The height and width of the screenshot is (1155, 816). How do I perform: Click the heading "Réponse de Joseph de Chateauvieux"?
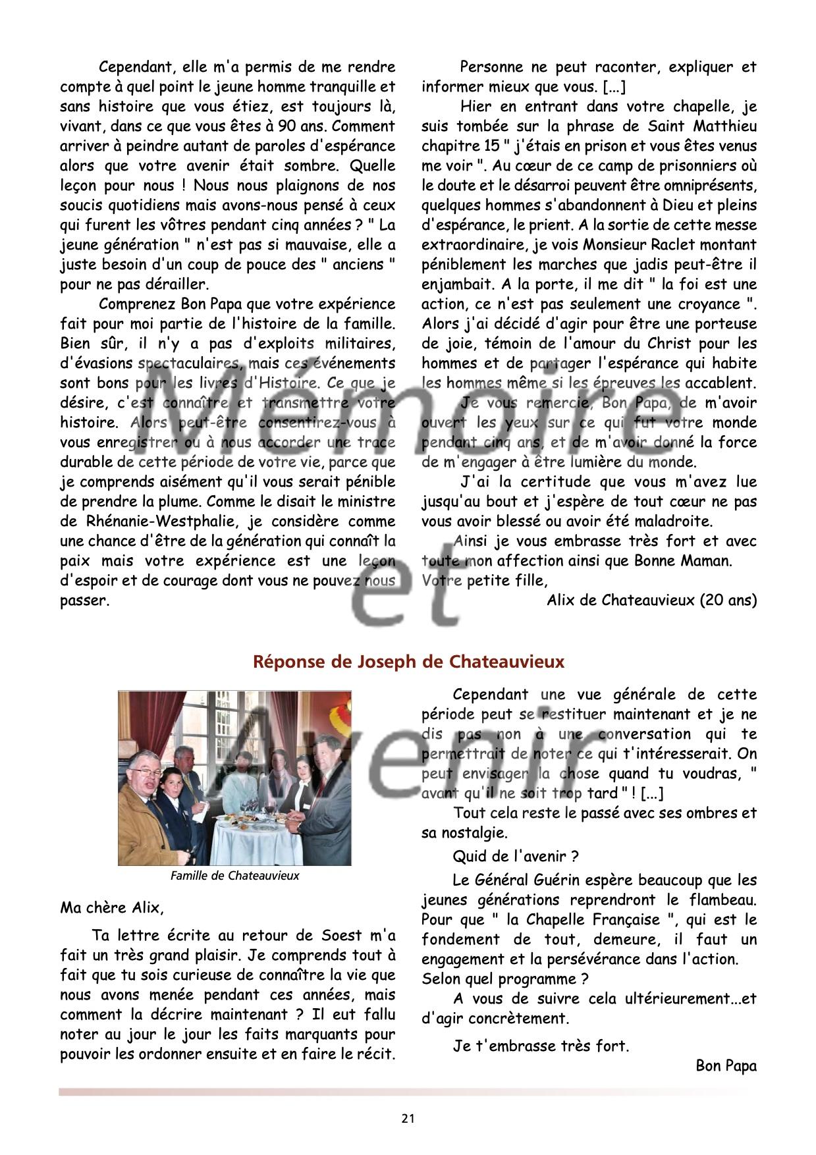click(x=409, y=662)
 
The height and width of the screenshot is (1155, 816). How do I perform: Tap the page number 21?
click(x=408, y=1117)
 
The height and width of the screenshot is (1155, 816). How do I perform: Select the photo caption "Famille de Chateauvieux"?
click(x=234, y=876)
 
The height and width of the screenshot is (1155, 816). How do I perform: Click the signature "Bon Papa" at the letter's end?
click(x=726, y=1066)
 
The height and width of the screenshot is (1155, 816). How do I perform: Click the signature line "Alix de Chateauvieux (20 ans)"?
click(x=651, y=601)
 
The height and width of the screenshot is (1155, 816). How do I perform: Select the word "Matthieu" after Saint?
click(x=724, y=126)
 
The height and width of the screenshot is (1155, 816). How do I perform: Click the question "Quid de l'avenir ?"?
click(x=516, y=856)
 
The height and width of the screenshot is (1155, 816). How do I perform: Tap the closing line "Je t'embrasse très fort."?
click(x=541, y=1046)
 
